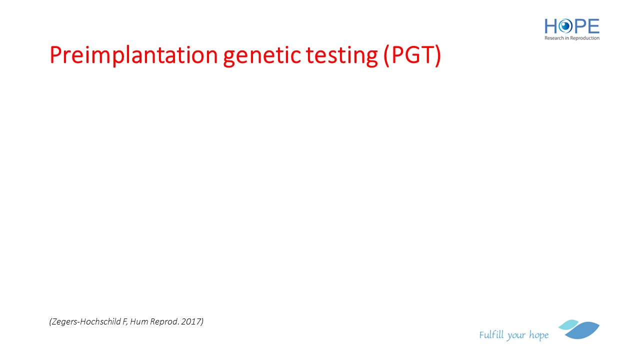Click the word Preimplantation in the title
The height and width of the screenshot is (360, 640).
click(x=133, y=55)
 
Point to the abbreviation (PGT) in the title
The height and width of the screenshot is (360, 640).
click(x=412, y=55)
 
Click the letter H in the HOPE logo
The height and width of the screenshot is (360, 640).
click(x=551, y=26)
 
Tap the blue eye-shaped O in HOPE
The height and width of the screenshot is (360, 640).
click(x=565, y=26)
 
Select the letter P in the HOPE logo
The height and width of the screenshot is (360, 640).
click(x=579, y=26)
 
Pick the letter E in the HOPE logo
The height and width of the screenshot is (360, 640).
click(x=593, y=26)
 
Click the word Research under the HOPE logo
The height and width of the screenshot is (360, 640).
click(x=554, y=38)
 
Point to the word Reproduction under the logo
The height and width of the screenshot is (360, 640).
click(x=585, y=38)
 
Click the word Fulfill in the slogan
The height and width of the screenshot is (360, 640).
click(x=491, y=334)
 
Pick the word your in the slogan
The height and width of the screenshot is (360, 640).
click(x=516, y=336)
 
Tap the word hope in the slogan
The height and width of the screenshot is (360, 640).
click(x=539, y=335)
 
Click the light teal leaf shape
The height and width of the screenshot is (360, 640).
click(x=568, y=324)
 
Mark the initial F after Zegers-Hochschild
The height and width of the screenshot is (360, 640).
click(x=125, y=321)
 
